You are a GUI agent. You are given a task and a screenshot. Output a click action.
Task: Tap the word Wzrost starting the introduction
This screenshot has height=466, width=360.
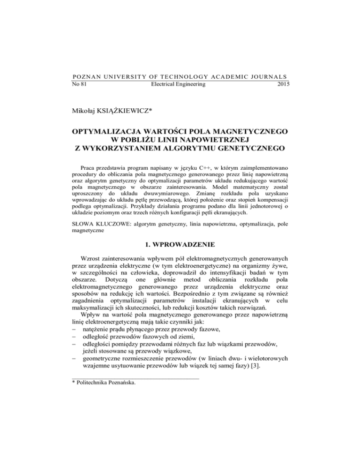(x=92, y=277)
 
